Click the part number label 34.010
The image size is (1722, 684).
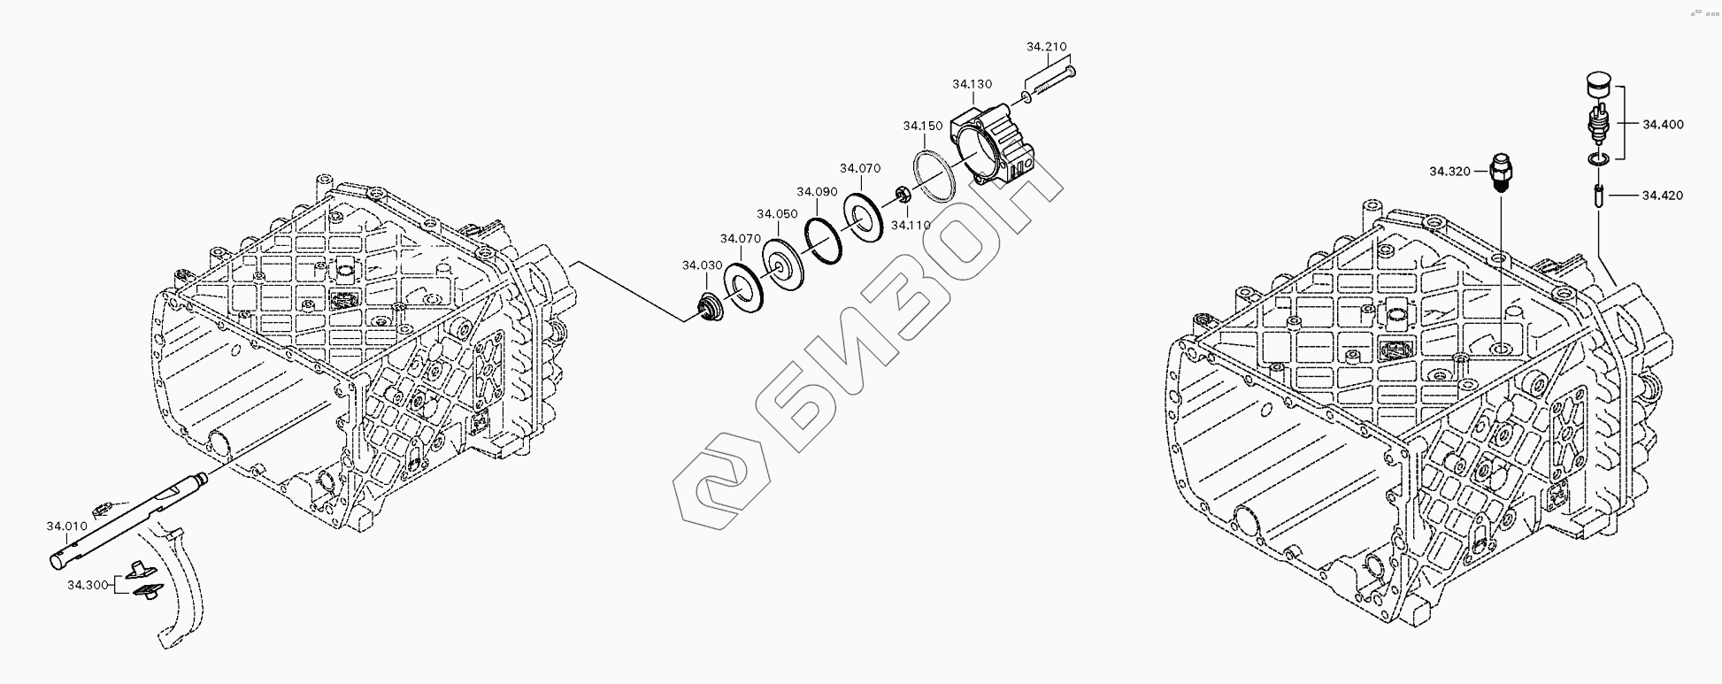(66, 526)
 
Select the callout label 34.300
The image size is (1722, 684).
(88, 585)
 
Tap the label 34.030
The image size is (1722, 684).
(702, 265)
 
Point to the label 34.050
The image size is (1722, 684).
(777, 213)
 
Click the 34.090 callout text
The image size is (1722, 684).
(817, 191)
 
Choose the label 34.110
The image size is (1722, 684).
(911, 226)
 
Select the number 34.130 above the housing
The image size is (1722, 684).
(972, 84)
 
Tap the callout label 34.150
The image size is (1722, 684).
(923, 127)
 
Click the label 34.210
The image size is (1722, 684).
(1047, 46)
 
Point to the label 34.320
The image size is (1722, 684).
(1449, 171)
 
